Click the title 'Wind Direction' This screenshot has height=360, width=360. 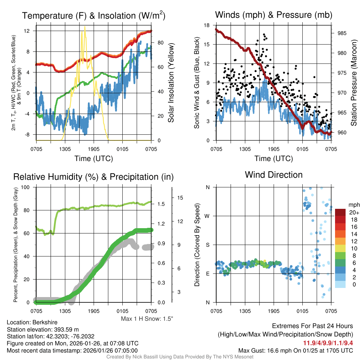pyautogui.click(x=274, y=175)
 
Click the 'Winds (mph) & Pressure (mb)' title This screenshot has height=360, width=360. pyautogui.click(x=274, y=15)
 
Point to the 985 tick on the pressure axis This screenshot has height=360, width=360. pyautogui.click(x=342, y=33)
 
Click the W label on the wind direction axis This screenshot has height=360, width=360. pyautogui.click(x=208, y=216)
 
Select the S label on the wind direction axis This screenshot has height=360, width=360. pyautogui.click(x=208, y=245)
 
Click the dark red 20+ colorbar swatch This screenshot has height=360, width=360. pyautogui.click(x=341, y=212)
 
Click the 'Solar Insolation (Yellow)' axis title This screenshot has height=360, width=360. pyautogui.click(x=171, y=83)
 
